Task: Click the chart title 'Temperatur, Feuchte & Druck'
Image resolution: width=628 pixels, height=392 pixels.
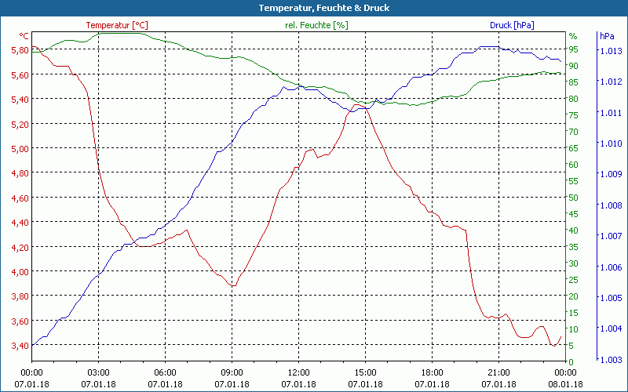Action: coord(313,8)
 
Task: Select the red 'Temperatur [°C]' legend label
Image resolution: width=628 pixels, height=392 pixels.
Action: coord(117,25)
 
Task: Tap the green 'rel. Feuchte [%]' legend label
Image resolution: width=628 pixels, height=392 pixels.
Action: coord(316,25)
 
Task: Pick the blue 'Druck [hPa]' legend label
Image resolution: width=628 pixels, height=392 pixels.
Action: coord(512,25)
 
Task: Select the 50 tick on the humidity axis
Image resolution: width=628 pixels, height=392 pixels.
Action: coord(573,198)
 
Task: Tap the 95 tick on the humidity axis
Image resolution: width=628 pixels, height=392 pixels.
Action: coord(573,49)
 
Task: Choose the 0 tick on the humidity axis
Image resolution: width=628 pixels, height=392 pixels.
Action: coord(571,361)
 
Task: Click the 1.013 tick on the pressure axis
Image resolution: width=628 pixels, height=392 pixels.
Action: coord(612,51)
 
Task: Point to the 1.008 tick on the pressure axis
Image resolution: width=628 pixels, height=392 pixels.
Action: coord(612,205)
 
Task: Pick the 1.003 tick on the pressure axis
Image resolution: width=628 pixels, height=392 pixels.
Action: coord(612,360)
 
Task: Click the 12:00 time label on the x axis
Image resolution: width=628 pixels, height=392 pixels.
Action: coord(299,373)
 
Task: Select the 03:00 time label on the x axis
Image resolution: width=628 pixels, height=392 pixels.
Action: coord(99,373)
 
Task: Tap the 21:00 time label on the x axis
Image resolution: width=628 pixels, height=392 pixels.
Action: coord(499,373)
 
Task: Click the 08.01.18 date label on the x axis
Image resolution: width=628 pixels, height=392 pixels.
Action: coord(566,384)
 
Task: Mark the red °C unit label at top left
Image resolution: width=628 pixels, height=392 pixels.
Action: coord(24,36)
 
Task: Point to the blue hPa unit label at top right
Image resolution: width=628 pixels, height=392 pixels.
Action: coord(607,36)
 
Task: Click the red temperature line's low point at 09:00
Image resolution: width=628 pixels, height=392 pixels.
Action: coord(232,286)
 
